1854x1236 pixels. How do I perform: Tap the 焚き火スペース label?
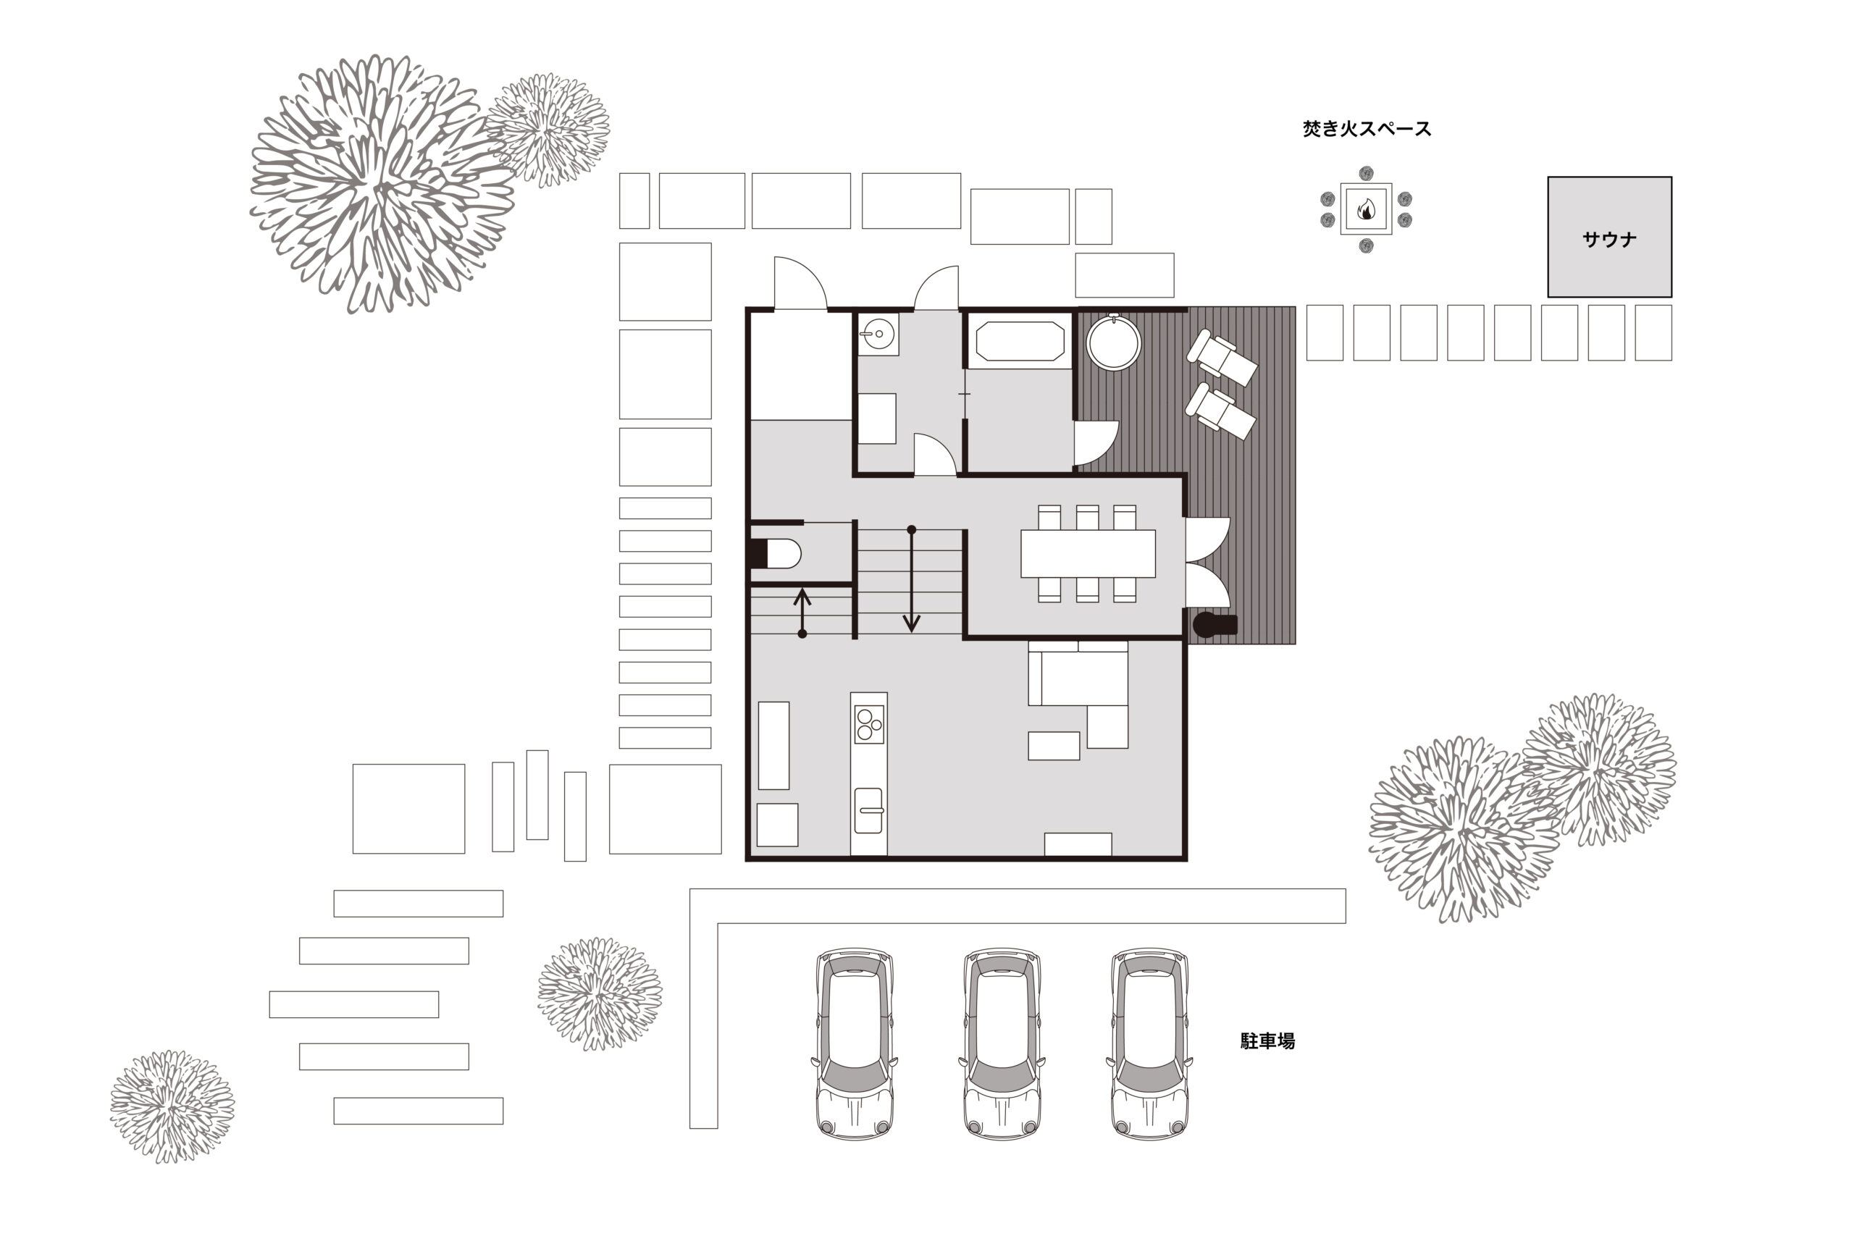coord(1366,128)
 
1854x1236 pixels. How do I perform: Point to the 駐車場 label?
coord(1267,1040)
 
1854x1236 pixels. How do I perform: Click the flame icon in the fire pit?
coord(1366,209)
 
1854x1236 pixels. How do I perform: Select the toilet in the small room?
coord(775,553)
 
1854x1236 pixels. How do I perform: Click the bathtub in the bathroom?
coord(1020,341)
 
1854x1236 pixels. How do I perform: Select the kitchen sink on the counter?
coord(868,810)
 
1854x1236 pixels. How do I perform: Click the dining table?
coord(1088,553)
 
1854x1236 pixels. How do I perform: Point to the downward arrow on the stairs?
coord(911,579)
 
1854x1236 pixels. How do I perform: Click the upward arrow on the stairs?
coord(802,613)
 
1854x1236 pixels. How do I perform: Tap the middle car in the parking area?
coord(1002,1044)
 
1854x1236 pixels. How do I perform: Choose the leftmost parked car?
coord(855,1044)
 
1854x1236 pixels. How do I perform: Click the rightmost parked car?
coord(1149,1044)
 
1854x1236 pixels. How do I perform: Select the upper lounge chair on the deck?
coord(1222,358)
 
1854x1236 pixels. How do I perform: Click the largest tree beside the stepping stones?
coord(382,184)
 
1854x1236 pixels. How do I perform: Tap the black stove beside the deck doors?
coord(1215,625)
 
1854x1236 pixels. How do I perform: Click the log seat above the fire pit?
coord(1366,174)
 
